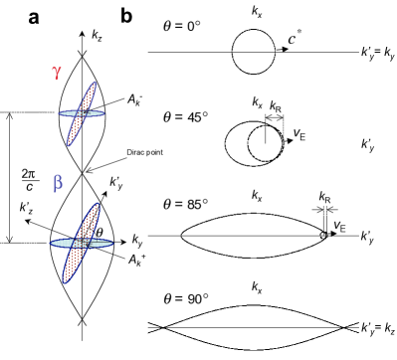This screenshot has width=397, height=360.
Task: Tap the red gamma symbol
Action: coord(59,73)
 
